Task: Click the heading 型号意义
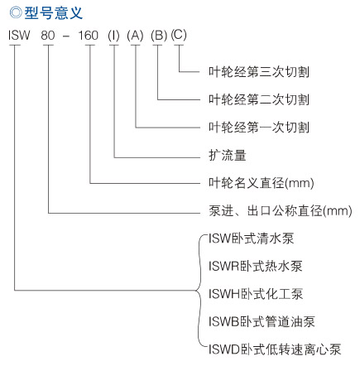click(54, 13)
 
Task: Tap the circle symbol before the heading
click(16, 12)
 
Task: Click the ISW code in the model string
click(19, 36)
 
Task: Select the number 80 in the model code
click(48, 36)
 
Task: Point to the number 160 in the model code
click(89, 36)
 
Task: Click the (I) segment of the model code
click(113, 36)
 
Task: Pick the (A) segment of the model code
click(135, 36)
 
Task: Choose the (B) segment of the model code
click(159, 36)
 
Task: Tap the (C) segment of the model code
click(179, 35)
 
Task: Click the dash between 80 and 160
click(66, 36)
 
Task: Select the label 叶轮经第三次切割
click(259, 72)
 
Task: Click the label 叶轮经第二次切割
click(259, 99)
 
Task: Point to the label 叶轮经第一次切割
click(259, 128)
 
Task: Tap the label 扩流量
click(228, 155)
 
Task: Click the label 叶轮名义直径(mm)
click(262, 183)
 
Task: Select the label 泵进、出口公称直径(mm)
click(281, 211)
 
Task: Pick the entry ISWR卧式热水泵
click(256, 266)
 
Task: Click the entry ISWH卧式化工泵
click(256, 294)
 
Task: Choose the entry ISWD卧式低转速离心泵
click(275, 349)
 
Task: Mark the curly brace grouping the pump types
click(197, 291)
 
